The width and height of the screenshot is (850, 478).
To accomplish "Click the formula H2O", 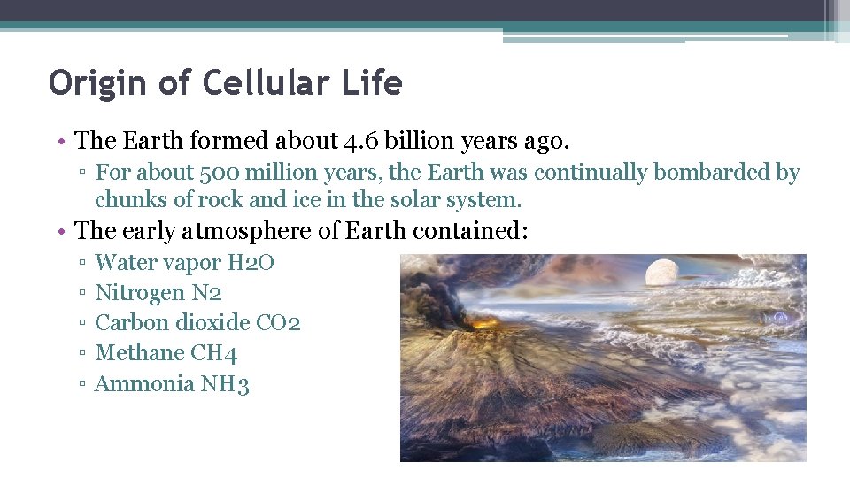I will tap(251, 262).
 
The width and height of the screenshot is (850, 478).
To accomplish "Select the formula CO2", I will tap(278, 322).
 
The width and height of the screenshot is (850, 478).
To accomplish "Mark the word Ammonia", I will tap(144, 383).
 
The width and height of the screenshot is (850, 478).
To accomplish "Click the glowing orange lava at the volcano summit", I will tap(486, 323).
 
